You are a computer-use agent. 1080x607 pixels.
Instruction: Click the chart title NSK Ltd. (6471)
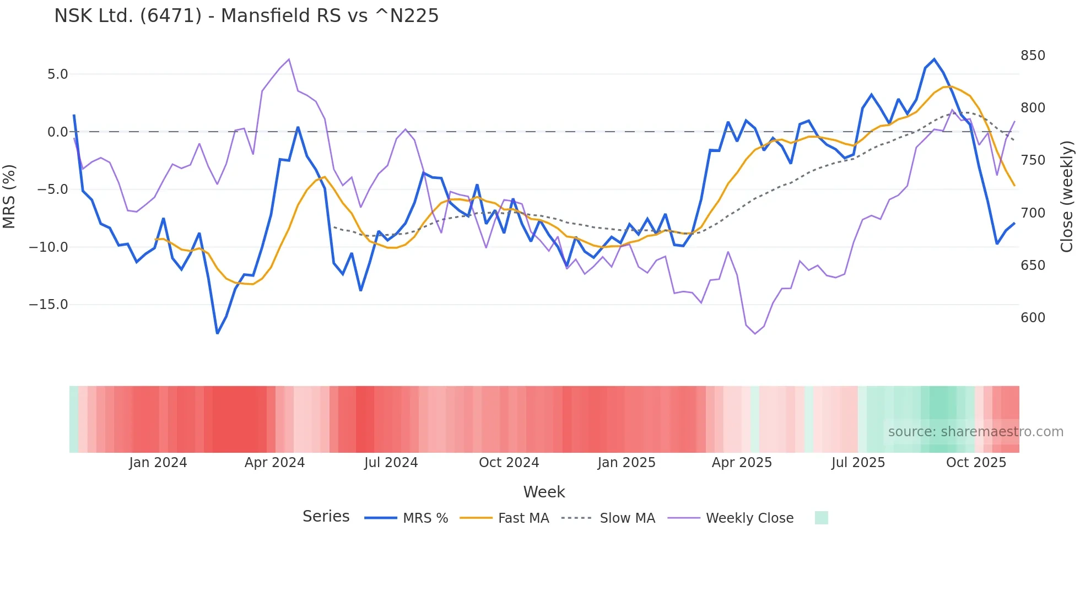pyautogui.click(x=246, y=16)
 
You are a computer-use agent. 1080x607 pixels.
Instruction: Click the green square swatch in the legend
pyautogui.click(x=821, y=518)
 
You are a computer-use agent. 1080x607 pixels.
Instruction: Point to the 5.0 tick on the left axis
pyautogui.click(x=57, y=74)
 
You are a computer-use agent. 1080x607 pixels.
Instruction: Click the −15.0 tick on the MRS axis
pyautogui.click(x=48, y=305)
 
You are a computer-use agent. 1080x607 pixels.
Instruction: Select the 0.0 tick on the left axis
pyautogui.click(x=57, y=132)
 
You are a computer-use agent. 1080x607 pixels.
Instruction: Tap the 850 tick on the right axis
pyautogui.click(x=1033, y=56)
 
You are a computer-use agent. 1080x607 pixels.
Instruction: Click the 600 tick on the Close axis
pyautogui.click(x=1033, y=318)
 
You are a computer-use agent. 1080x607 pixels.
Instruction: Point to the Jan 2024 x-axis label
pyautogui.click(x=158, y=463)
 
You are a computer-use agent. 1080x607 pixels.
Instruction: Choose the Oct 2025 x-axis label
pyautogui.click(x=976, y=463)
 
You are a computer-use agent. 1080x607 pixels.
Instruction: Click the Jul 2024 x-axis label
pyautogui.click(x=391, y=463)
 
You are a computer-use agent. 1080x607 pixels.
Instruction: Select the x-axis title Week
pyautogui.click(x=544, y=492)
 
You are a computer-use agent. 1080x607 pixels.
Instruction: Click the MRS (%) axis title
pyautogui.click(x=9, y=196)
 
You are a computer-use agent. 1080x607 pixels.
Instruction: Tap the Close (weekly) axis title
pyautogui.click(x=1067, y=196)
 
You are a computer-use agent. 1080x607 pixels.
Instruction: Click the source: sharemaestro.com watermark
pyautogui.click(x=975, y=432)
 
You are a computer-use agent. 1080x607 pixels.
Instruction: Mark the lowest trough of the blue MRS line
pyautogui.click(x=217, y=333)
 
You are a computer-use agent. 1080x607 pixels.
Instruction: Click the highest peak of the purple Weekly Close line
pyautogui.click(x=289, y=59)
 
